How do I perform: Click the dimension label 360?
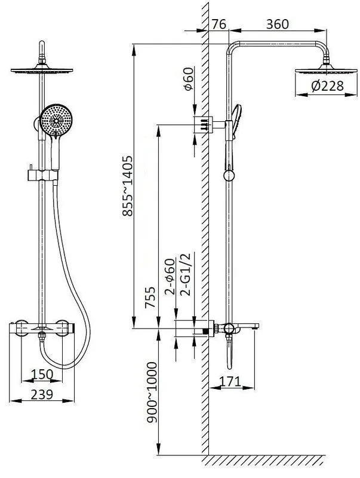[277, 24]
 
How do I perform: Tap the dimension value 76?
[219, 24]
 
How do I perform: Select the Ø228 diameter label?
[327, 86]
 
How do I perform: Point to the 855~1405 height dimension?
[128, 186]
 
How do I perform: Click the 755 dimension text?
[150, 298]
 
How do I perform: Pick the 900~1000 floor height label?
[152, 393]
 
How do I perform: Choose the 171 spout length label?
[230, 381]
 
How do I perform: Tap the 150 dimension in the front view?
[42, 374]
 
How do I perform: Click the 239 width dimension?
[42, 394]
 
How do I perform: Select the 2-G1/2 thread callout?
[186, 274]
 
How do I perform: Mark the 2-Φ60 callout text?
[170, 277]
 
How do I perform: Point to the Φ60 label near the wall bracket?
[189, 79]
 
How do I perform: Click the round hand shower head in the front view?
[56, 121]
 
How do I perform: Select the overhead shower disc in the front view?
[42, 70]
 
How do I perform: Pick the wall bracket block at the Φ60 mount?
[203, 124]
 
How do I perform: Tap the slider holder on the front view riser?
[42, 175]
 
